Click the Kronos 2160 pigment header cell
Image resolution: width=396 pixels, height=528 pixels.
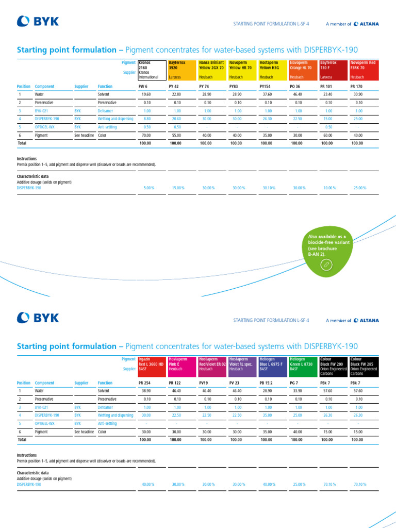click(x=151, y=70)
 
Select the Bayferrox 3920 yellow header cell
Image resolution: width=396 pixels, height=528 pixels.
click(x=181, y=70)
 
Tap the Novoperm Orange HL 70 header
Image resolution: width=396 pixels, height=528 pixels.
click(x=303, y=70)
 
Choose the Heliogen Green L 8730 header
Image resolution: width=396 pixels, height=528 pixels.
click(x=303, y=366)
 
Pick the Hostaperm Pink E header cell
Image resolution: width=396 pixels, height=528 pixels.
click(x=181, y=366)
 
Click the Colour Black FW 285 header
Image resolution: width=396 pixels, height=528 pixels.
click(x=363, y=366)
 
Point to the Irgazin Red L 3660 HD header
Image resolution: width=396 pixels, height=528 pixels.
click(x=151, y=366)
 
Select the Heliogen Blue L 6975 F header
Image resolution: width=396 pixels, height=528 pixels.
click(x=272, y=366)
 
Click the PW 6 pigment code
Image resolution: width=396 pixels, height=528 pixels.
click(x=143, y=87)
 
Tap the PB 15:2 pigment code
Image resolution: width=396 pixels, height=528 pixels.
click(x=266, y=383)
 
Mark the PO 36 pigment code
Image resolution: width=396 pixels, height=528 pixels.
click(x=295, y=87)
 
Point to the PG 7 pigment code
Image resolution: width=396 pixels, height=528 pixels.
click(x=294, y=383)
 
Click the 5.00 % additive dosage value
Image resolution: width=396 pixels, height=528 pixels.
click(x=148, y=188)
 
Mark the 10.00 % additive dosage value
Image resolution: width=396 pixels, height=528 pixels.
click(x=331, y=188)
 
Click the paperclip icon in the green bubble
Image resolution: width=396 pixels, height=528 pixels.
click(x=326, y=265)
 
